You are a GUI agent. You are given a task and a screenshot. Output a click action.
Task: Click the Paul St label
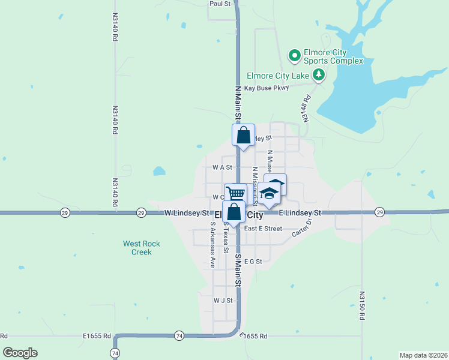point(220,4)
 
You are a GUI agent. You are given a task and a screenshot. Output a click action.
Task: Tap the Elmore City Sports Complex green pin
point(295,56)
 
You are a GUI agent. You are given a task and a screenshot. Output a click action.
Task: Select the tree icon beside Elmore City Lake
point(319,76)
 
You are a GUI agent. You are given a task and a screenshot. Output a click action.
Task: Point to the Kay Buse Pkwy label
point(267,88)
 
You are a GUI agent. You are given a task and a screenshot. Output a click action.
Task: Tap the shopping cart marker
point(236,193)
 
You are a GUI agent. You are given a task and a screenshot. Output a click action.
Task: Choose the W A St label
point(221,167)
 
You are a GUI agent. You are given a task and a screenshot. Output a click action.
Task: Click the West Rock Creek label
point(142,248)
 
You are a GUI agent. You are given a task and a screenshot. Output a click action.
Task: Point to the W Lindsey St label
point(187,213)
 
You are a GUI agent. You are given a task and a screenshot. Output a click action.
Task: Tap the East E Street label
point(263,229)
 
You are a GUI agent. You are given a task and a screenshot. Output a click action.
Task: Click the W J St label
point(222,300)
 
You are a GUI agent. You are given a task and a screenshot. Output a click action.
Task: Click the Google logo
point(20,353)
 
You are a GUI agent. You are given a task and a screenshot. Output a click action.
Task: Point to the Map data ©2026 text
point(424,354)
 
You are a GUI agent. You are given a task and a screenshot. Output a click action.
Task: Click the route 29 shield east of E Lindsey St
point(379,212)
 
